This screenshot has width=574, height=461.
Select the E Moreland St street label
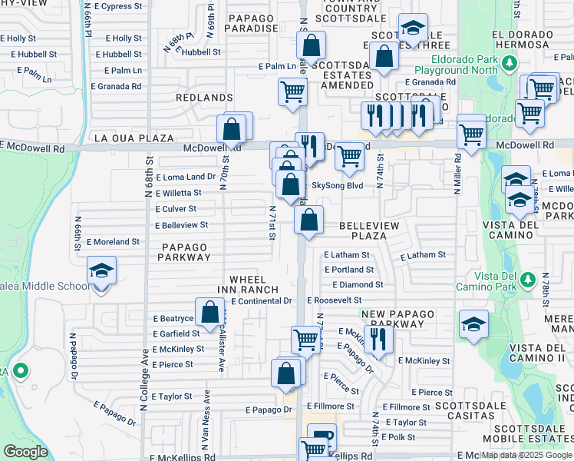(113, 241)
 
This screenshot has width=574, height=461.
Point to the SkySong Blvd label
(337, 186)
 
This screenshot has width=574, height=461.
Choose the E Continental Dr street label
(262, 301)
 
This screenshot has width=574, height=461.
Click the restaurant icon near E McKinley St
(378, 338)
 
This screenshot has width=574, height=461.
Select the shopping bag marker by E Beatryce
(209, 311)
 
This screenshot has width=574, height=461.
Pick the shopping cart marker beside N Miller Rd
(471, 134)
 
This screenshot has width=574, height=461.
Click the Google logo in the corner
(25, 451)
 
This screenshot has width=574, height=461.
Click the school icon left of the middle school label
(101, 270)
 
